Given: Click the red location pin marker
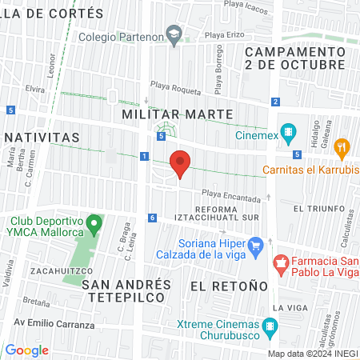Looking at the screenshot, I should click(x=181, y=163).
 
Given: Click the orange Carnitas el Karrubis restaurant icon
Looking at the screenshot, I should click(x=342, y=147).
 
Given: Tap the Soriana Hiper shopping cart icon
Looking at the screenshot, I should click(x=255, y=246).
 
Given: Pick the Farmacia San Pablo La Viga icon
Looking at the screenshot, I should click(x=281, y=262).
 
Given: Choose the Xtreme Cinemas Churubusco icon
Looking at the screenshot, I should click(x=270, y=326).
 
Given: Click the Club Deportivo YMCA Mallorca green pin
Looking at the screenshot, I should click(x=94, y=222).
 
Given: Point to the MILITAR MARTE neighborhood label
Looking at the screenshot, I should click(x=177, y=114).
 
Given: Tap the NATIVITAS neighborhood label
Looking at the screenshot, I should click(x=40, y=138).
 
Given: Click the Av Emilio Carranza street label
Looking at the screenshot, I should click(x=48, y=326).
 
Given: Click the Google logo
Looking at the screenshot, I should click(x=27, y=350).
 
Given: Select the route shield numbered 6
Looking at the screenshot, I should click(x=152, y=218).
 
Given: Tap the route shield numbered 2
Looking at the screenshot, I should click(x=274, y=102).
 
